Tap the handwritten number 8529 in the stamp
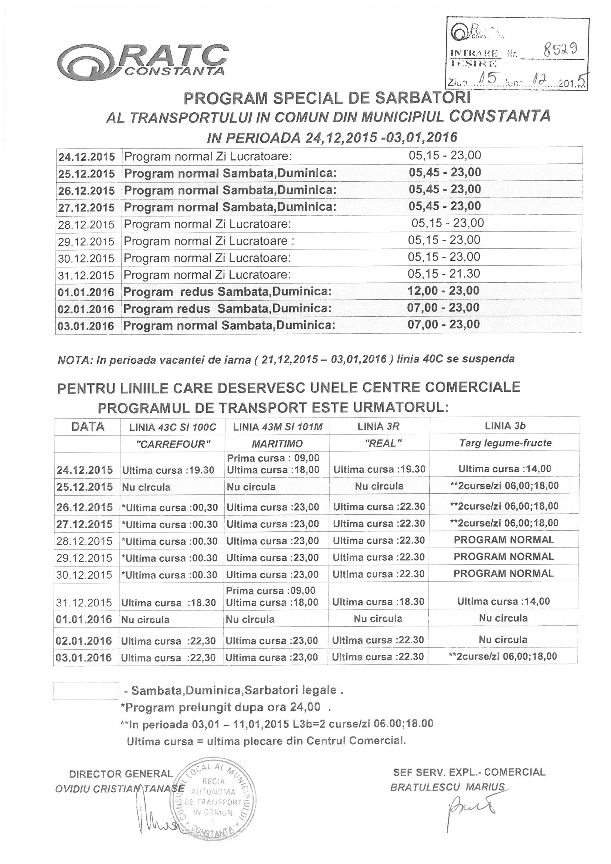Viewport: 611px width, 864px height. (559, 49)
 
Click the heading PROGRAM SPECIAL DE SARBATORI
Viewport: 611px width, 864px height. (327, 99)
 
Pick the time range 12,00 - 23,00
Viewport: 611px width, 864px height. (444, 290)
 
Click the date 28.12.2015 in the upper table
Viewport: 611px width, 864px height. (86, 225)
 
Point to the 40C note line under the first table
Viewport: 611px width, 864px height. (286, 359)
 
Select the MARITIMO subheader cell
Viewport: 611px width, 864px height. (277, 444)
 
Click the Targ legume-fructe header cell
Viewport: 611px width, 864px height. (505, 443)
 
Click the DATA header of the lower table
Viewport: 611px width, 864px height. (87, 426)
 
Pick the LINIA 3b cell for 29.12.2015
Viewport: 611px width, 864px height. (504, 557)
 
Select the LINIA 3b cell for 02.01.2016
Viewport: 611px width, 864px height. (503, 639)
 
